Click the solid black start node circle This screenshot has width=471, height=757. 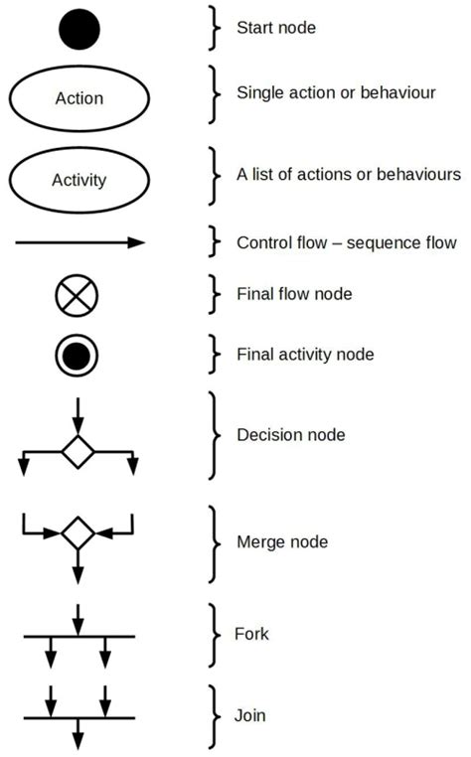(x=79, y=29)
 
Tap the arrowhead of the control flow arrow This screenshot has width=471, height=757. (x=136, y=242)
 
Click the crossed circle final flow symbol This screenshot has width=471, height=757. (x=77, y=295)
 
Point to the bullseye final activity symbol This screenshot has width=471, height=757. (x=77, y=356)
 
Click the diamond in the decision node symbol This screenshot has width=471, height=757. (x=78, y=452)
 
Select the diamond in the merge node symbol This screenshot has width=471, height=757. (x=78, y=533)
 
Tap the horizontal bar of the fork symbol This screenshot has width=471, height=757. (x=79, y=637)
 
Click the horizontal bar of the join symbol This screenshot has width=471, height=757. (x=79, y=718)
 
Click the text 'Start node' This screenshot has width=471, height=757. (x=276, y=28)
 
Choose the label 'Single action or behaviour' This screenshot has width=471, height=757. (x=336, y=92)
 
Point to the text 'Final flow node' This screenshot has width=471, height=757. (x=294, y=294)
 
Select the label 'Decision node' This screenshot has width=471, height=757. (x=291, y=435)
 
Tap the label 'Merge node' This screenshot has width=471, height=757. (x=282, y=542)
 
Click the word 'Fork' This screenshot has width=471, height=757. (x=251, y=634)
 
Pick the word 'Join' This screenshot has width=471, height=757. (x=250, y=715)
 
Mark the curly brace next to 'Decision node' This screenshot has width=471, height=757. (x=214, y=436)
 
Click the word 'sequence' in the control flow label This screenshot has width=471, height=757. (x=383, y=243)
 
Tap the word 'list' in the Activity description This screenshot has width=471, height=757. (x=261, y=174)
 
